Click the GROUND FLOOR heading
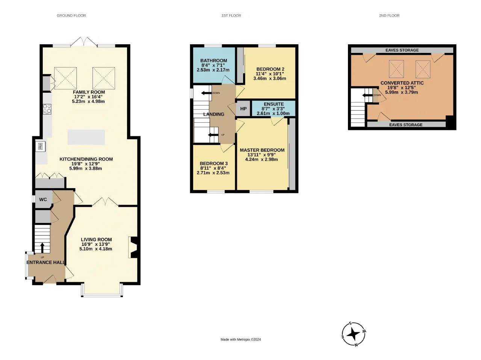pyautogui.click(x=71, y=15)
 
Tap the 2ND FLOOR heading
pyautogui.click(x=389, y=15)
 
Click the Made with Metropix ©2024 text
pyautogui.click(x=240, y=339)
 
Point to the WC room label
pyautogui.click(x=43, y=199)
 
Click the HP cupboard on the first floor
pyautogui.click(x=243, y=108)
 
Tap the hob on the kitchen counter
pyautogui.click(x=47, y=109)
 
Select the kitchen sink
pyautogui.click(x=41, y=146)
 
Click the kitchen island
pyautogui.click(x=86, y=137)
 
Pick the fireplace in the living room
pyautogui.click(x=134, y=247)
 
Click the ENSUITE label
pyautogui.click(x=274, y=104)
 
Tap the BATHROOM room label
pyautogui.click(x=214, y=60)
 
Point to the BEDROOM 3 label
pyautogui.click(x=214, y=163)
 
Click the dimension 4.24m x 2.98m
pyautogui.click(x=262, y=159)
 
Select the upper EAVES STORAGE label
pyautogui.click(x=402, y=50)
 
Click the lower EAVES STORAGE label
pyautogui.click(x=406, y=125)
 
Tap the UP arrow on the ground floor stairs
pyautogui.click(x=42, y=248)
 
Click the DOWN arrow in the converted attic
pyautogui.click(x=367, y=95)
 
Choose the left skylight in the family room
pyautogui.click(x=65, y=78)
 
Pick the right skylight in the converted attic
pyautogui.click(x=423, y=69)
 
